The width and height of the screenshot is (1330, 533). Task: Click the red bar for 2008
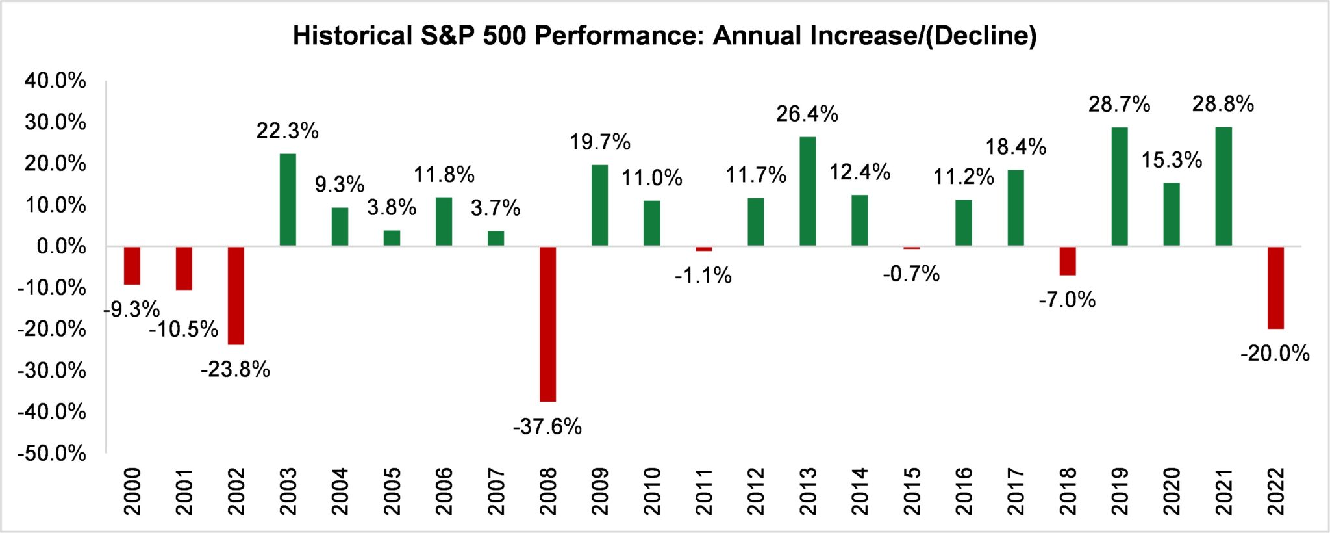click(547, 324)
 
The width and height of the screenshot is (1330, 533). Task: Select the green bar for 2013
click(807, 192)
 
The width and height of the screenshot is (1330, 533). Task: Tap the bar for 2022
click(1275, 287)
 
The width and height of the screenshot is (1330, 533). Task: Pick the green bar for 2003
click(288, 200)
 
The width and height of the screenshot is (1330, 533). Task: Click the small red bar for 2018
click(1068, 261)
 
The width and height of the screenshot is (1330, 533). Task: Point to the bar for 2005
click(392, 238)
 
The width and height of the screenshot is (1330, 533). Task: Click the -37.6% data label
click(547, 427)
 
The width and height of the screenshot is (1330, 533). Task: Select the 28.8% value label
click(1223, 104)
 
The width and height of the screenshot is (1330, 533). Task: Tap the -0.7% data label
click(911, 274)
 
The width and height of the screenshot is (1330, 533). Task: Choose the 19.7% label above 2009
click(600, 142)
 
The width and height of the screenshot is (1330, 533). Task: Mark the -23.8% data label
click(235, 370)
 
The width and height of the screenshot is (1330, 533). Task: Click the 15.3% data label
click(1172, 160)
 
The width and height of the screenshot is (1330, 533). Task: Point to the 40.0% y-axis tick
click(55, 81)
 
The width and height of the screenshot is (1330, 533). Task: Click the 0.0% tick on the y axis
click(61, 246)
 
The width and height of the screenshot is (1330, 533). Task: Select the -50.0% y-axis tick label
click(52, 453)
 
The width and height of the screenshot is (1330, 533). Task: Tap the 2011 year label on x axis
click(704, 491)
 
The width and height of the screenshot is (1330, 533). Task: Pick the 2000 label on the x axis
click(132, 491)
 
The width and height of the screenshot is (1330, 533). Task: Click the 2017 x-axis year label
click(1016, 491)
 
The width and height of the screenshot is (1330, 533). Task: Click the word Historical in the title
click(351, 36)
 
